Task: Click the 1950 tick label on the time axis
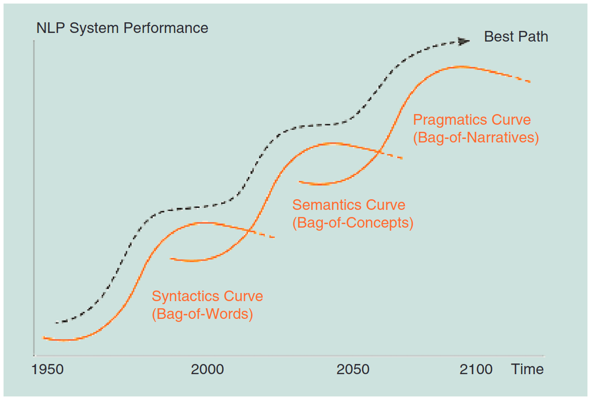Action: click(48, 369)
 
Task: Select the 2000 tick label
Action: click(207, 369)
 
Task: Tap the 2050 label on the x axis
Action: click(353, 369)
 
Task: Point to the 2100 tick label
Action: click(476, 369)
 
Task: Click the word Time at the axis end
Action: click(527, 369)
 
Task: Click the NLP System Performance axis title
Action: click(122, 28)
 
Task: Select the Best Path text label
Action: click(516, 37)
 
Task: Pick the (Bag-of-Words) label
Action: click(202, 314)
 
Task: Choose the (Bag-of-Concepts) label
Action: click(353, 223)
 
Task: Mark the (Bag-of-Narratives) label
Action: click(476, 137)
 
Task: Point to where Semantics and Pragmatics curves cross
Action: click(379, 151)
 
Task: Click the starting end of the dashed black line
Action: click(56, 322)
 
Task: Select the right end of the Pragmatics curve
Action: click(529, 81)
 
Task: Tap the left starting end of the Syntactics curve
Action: click(44, 338)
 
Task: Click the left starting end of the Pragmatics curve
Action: click(300, 181)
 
